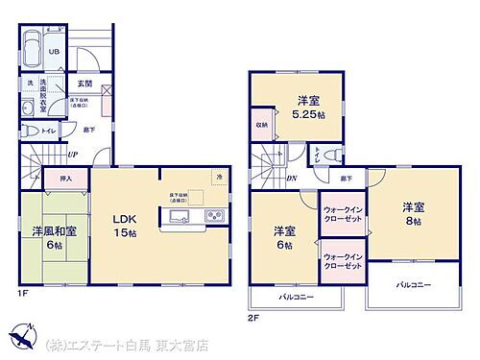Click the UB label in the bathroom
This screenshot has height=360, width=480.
tap(56, 52)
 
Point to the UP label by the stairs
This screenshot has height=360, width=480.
tap(72, 155)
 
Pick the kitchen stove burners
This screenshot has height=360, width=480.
tap(216, 215)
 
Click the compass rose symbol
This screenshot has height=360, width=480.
tap(19, 338)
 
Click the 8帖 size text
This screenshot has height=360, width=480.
tap(413, 220)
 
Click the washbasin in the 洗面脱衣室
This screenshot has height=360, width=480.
tap(26, 106)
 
